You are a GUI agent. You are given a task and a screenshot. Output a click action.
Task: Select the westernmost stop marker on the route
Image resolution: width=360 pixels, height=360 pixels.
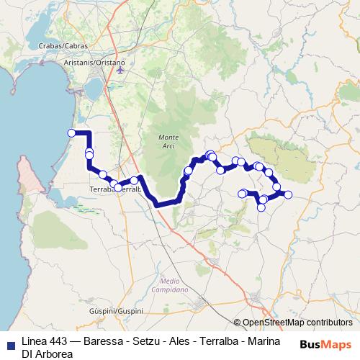[x=71, y=132]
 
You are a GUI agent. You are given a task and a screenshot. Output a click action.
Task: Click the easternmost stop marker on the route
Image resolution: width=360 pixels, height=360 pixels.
[x=288, y=194]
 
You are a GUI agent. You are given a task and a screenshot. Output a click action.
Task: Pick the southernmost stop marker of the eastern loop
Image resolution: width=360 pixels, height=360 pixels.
[x=261, y=207]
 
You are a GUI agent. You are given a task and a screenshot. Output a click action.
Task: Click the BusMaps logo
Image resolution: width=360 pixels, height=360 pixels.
[x=326, y=343]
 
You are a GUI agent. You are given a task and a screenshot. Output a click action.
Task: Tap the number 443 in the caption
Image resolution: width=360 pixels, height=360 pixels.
[x=61, y=340]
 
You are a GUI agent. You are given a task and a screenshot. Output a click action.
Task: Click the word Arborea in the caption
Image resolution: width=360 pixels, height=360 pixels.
[x=54, y=354]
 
